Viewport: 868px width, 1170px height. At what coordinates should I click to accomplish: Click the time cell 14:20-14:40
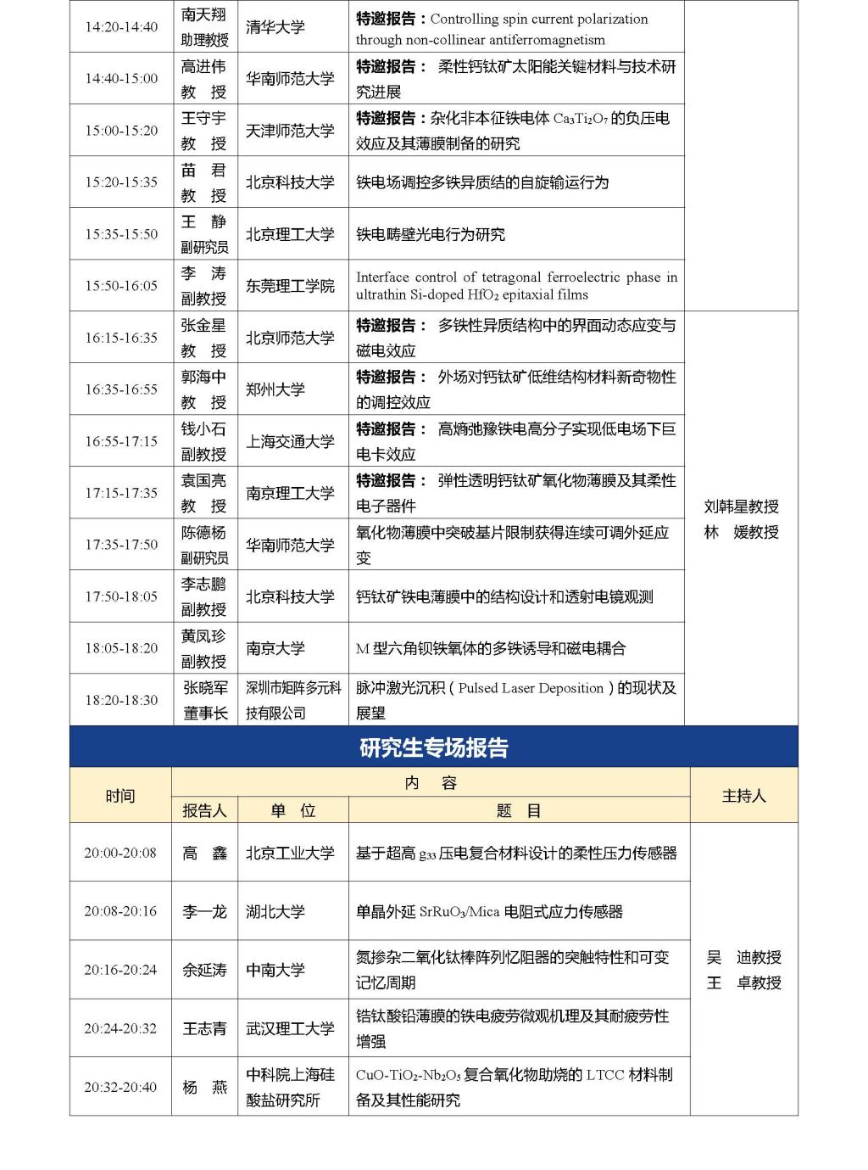pyautogui.click(x=121, y=27)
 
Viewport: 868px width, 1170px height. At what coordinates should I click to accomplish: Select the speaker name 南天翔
pyautogui.click(x=204, y=15)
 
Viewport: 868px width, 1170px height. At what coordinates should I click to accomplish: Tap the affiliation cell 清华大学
pyautogui.click(x=275, y=27)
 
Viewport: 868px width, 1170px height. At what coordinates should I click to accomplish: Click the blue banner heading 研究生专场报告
pyautogui.click(x=433, y=747)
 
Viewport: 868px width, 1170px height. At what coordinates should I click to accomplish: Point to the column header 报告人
pyautogui.click(x=204, y=810)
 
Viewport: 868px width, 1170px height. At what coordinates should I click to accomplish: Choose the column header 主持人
pyautogui.click(x=743, y=796)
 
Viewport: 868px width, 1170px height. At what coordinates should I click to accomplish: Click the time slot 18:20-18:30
pyautogui.click(x=121, y=700)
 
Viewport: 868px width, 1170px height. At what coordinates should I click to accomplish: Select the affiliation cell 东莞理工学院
pyautogui.click(x=290, y=286)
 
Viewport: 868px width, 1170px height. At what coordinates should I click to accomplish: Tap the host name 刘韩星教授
pyautogui.click(x=742, y=507)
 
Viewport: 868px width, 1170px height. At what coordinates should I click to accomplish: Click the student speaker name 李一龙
pyautogui.click(x=204, y=911)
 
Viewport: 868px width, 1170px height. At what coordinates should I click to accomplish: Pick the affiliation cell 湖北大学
pyautogui.click(x=275, y=911)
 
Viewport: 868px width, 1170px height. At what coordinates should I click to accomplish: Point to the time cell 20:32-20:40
pyautogui.click(x=120, y=1087)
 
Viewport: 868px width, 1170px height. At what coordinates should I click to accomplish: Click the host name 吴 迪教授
pyautogui.click(x=743, y=957)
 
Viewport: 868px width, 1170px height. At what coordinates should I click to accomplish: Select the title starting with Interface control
pyautogui.click(x=516, y=286)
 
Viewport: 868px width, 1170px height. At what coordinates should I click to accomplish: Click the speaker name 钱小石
pyautogui.click(x=203, y=429)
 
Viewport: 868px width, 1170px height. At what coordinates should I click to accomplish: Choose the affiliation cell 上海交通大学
pyautogui.click(x=290, y=441)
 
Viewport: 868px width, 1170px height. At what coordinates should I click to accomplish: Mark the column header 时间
pyautogui.click(x=120, y=796)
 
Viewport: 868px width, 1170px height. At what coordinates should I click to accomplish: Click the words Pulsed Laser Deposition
pyautogui.click(x=531, y=688)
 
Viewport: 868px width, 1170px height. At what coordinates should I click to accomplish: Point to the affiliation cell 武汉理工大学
pyautogui.click(x=290, y=1028)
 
